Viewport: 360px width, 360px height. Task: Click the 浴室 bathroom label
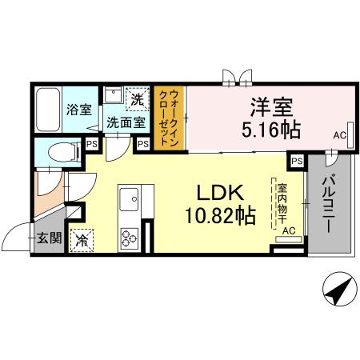[77, 110]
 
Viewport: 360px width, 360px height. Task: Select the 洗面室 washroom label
[126, 122]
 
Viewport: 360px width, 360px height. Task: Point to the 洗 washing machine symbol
[138, 100]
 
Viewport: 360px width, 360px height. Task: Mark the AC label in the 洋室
[340, 137]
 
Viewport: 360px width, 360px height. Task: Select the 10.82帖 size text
[218, 216]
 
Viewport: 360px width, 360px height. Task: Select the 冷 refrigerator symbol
[82, 238]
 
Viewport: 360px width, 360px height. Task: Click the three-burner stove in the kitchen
[129, 237]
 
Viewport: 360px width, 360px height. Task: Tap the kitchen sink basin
[130, 198]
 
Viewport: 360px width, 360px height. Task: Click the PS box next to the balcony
[297, 161]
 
